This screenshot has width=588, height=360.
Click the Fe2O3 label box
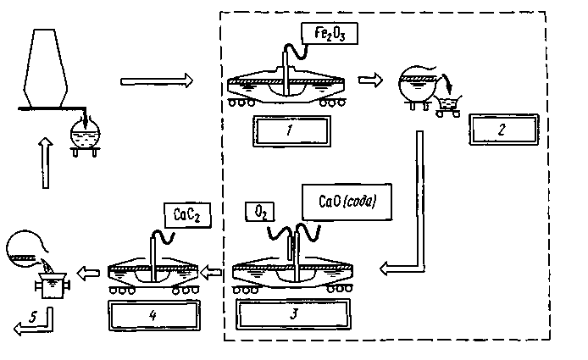(x=330, y=34)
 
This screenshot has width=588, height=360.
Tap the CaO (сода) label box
(x=347, y=202)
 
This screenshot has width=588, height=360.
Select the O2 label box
(x=260, y=213)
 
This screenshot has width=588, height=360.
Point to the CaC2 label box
(x=187, y=215)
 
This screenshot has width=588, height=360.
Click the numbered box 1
(x=291, y=131)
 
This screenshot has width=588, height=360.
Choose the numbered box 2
(x=503, y=130)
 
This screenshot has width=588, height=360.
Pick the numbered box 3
(x=293, y=314)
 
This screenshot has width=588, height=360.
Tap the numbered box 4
(x=154, y=315)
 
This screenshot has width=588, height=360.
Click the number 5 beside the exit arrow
(x=33, y=318)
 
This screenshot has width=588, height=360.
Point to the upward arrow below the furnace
(x=46, y=163)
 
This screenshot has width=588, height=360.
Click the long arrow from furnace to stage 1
(x=157, y=80)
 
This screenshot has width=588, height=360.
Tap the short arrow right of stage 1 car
(x=370, y=80)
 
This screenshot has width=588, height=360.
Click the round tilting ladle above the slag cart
(x=417, y=87)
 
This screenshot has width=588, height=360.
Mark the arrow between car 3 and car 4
(x=211, y=272)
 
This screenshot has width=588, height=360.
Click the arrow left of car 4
(x=88, y=273)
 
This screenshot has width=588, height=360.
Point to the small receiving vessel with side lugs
(x=52, y=285)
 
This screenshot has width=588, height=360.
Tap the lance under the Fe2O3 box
(x=286, y=73)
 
